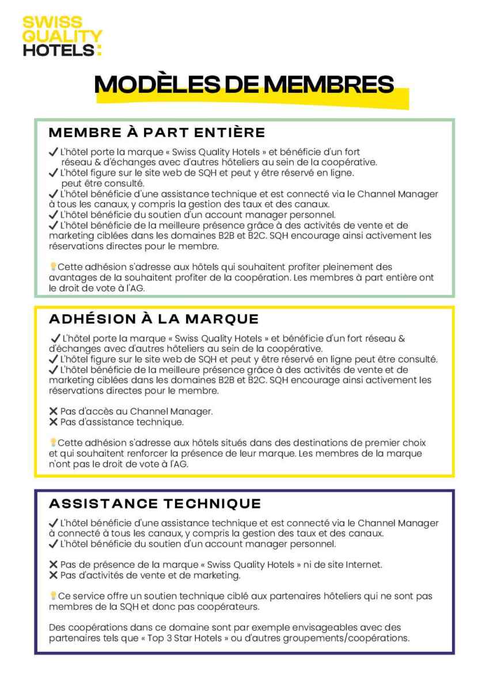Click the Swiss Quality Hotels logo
coord(62,36)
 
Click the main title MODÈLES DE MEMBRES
coord(244,84)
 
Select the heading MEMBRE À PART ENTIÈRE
coord(157,132)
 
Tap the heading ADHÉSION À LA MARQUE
coord(154,319)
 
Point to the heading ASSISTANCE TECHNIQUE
coord(155,504)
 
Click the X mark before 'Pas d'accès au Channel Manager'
coord(54,412)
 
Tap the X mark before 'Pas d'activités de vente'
coord(54,575)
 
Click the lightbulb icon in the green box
coord(53,267)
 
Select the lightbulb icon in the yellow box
coord(53,443)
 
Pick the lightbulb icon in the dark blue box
coord(53,596)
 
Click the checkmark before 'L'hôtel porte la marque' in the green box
coord(54,153)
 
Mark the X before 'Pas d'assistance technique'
coord(54,422)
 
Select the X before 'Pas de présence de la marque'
coord(54,565)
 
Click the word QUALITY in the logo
coord(62,36)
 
